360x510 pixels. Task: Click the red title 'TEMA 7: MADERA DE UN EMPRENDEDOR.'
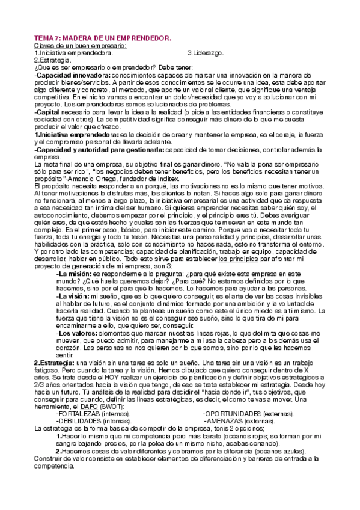point(103,38)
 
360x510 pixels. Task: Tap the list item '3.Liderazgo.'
point(206,53)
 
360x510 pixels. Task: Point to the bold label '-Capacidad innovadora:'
point(72,75)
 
